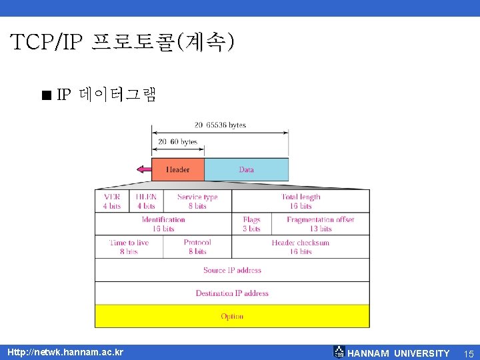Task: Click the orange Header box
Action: (177, 169)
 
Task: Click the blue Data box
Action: (246, 169)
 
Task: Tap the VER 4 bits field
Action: (112, 201)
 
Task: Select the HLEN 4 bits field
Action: (146, 201)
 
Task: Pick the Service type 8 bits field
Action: (197, 201)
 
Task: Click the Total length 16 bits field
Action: (301, 201)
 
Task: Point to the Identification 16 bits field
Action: (163, 224)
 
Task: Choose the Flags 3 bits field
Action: (251, 224)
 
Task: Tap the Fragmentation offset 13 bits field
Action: (320, 224)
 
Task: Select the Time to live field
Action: (129, 247)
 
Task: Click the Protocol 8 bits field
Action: (197, 247)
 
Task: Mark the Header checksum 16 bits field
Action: (301, 247)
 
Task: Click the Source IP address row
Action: (232, 270)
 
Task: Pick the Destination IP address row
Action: (232, 293)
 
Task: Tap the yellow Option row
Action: (232, 316)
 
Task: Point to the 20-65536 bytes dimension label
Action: (220, 125)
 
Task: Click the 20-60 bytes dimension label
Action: (177, 141)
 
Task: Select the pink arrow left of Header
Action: (142, 169)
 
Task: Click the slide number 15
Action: (469, 353)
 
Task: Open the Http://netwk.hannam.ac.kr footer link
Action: (65, 351)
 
